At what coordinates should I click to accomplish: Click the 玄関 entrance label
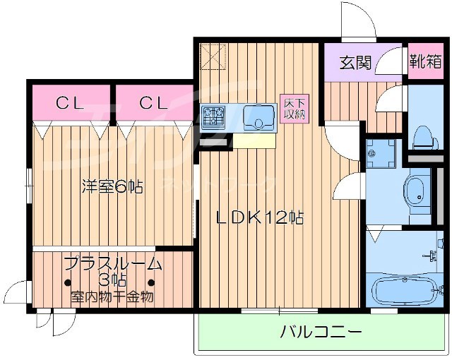point(355,62)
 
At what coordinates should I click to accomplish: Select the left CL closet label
point(71,102)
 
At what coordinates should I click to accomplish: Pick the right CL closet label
point(153,102)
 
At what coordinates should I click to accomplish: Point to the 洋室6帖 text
point(112,186)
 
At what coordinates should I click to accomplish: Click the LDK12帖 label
point(260,218)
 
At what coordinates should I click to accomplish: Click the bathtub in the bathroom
point(403,290)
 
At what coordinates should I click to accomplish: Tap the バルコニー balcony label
point(320,331)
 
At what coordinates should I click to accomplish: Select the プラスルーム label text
point(112,264)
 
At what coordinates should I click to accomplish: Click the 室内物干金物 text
point(112,296)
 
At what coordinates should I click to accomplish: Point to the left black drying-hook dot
point(68,283)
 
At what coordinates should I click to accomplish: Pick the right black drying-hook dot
point(150,283)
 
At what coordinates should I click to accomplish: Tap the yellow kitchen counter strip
point(254,141)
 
